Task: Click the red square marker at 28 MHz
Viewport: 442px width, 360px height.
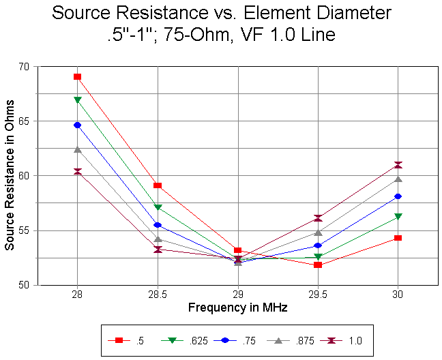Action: pos(77,76)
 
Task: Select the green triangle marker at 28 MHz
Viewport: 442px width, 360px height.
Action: pos(77,100)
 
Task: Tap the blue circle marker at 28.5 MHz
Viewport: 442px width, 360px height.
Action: pos(158,225)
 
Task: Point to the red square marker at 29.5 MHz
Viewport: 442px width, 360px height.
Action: pos(318,265)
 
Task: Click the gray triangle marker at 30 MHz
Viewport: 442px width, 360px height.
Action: pos(398,179)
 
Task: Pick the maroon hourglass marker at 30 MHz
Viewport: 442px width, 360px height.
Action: pos(398,165)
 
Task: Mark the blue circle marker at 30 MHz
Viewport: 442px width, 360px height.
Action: pos(398,196)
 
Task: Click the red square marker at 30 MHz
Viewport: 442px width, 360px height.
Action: pos(398,238)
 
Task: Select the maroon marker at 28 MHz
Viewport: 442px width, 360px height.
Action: pos(77,172)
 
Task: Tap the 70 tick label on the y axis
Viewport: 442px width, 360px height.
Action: pos(25,66)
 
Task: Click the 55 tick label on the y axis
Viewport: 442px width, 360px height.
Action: pos(25,230)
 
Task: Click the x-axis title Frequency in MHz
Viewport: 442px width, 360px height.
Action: pos(237,307)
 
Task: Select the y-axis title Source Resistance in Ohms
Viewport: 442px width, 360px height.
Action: pos(10,176)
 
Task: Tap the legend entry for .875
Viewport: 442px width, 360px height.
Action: pos(295,339)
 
